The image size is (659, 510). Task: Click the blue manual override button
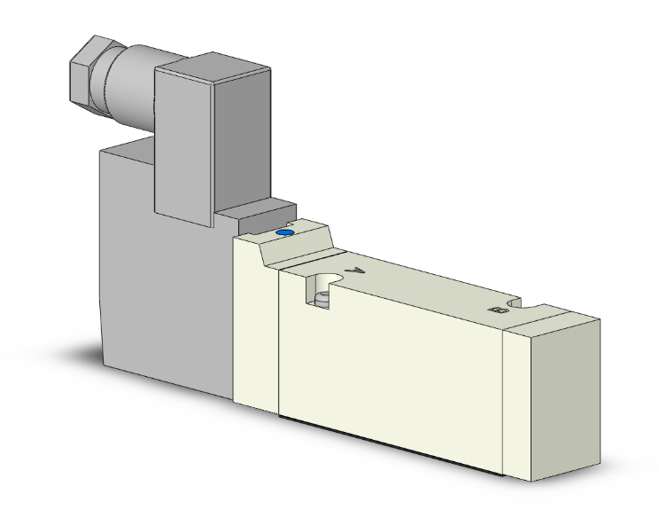coord(283,233)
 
